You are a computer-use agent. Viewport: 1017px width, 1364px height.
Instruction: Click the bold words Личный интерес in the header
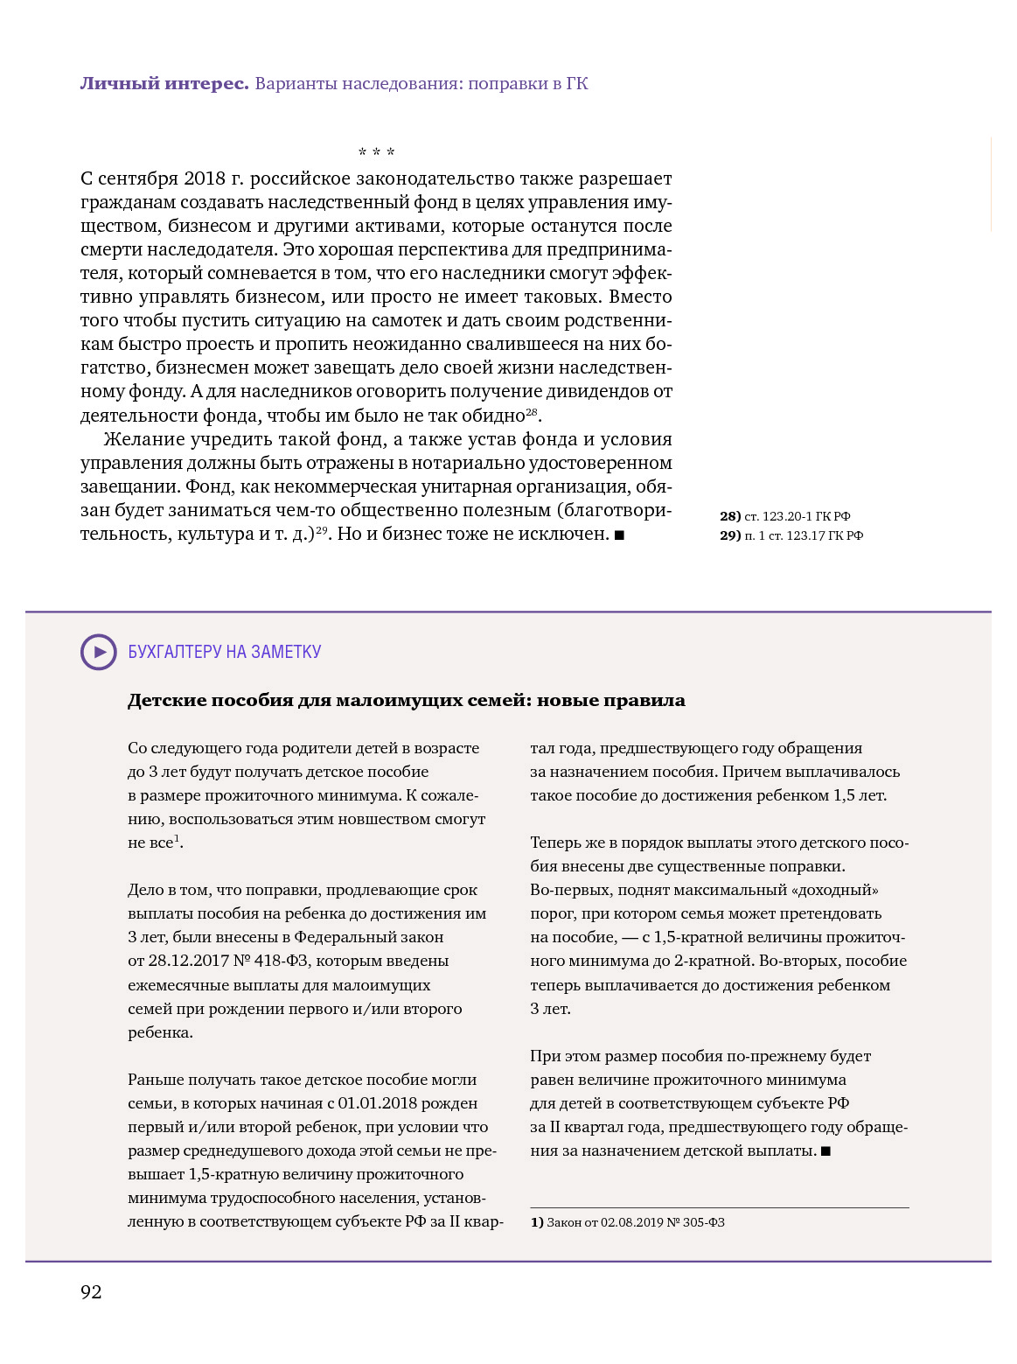point(164,84)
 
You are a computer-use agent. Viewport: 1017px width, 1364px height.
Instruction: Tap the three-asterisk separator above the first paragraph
point(376,153)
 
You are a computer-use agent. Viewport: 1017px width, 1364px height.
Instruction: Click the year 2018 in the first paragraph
point(205,178)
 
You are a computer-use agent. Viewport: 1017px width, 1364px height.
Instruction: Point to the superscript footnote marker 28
point(531,411)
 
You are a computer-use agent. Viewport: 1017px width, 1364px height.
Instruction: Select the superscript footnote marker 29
point(322,529)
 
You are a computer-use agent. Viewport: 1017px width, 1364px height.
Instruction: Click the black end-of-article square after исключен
point(619,535)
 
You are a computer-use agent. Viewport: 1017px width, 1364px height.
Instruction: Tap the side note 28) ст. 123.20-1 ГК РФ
point(784,516)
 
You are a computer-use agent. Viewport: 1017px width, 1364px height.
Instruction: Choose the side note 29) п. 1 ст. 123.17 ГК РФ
point(791,535)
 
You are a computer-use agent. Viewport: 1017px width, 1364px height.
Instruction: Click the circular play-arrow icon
point(99,652)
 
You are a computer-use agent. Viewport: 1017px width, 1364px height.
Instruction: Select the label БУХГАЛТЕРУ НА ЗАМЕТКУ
point(225,652)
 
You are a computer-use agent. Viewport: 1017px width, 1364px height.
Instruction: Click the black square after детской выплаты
point(825,1151)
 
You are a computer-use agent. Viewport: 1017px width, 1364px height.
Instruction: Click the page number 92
point(91,1292)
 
